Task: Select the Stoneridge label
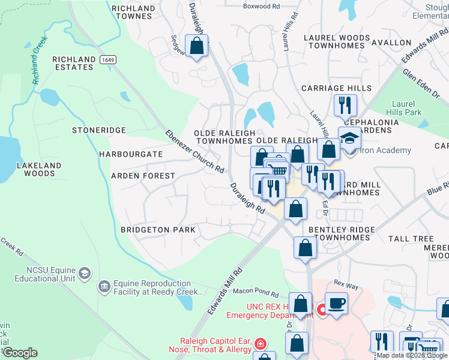pyautogui.click(x=99, y=130)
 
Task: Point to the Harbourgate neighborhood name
pyautogui.click(x=131, y=154)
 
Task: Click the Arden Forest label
pyautogui.click(x=143, y=176)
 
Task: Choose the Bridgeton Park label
pyautogui.click(x=158, y=230)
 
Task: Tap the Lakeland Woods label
pyautogui.click(x=39, y=169)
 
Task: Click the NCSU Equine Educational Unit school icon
pyautogui.click(x=85, y=274)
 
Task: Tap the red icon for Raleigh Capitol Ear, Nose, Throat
pyautogui.click(x=261, y=344)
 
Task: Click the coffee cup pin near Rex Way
pyautogui.click(x=336, y=302)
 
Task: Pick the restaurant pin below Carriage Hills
pyautogui.click(x=345, y=105)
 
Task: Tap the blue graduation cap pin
pyautogui.click(x=349, y=137)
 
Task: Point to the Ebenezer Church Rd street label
pyautogui.click(x=194, y=151)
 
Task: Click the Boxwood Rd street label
pyautogui.click(x=261, y=6)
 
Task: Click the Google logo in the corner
pyautogui.click(x=19, y=352)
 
